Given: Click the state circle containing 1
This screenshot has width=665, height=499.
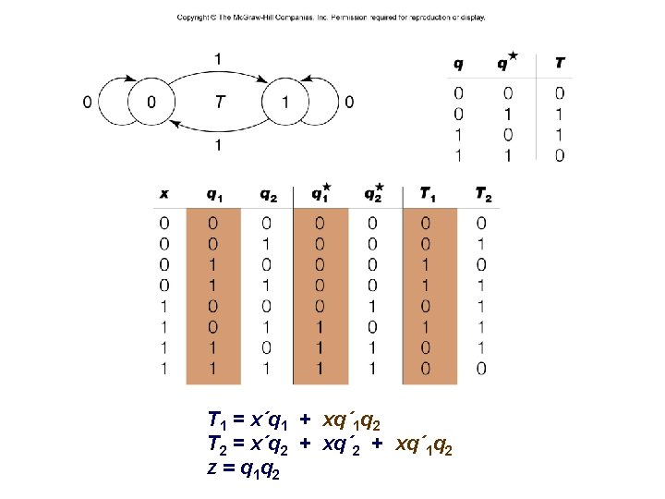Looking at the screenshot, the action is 285,101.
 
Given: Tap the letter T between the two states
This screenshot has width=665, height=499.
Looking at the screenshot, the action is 219,101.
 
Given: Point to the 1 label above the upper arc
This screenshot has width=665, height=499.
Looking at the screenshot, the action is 217,59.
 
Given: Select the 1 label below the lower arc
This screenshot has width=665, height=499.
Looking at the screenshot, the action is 217,145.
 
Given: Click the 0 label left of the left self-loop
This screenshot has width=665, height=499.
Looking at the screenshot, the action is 87,102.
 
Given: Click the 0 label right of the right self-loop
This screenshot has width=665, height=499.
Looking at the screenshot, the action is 348,102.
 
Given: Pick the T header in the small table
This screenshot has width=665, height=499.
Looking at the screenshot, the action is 561,64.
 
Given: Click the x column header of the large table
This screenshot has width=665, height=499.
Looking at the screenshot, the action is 163,194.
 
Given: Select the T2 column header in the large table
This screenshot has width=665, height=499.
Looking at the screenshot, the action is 483,194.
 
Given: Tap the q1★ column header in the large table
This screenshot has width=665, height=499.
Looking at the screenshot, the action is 320,194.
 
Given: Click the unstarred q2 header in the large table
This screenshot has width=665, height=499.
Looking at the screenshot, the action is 267,194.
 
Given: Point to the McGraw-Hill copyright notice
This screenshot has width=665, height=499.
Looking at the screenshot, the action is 332,18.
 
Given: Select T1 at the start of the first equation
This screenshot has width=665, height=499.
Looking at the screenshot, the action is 218,420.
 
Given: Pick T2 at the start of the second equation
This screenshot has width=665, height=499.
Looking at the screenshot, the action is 218,444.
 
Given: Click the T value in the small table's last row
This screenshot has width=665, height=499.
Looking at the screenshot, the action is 561,155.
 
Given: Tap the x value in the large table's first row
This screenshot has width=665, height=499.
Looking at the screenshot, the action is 163,223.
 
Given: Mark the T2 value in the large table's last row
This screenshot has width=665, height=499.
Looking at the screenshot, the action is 482,369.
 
